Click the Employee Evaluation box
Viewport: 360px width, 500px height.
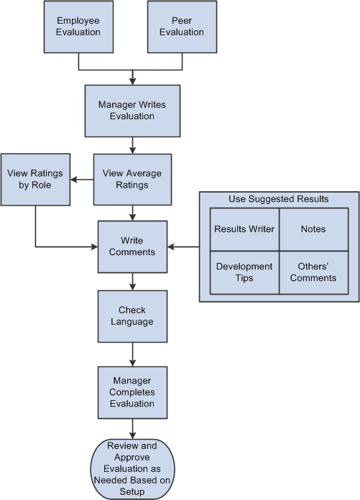click(x=78, y=27)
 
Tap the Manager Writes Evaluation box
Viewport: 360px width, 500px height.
click(x=131, y=110)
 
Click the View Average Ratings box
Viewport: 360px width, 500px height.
click(x=131, y=179)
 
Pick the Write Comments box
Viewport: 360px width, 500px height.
click(x=131, y=247)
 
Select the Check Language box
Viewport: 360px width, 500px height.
click(x=131, y=316)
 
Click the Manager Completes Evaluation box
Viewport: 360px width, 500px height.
click(x=131, y=392)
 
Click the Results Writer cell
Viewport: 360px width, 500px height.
click(x=244, y=229)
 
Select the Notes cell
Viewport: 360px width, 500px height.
click(x=313, y=229)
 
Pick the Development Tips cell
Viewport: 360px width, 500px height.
click(x=244, y=272)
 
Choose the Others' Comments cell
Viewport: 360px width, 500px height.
click(x=313, y=272)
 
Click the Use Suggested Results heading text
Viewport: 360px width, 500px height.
click(x=279, y=198)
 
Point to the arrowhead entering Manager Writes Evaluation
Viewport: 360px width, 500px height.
click(x=132, y=80)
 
